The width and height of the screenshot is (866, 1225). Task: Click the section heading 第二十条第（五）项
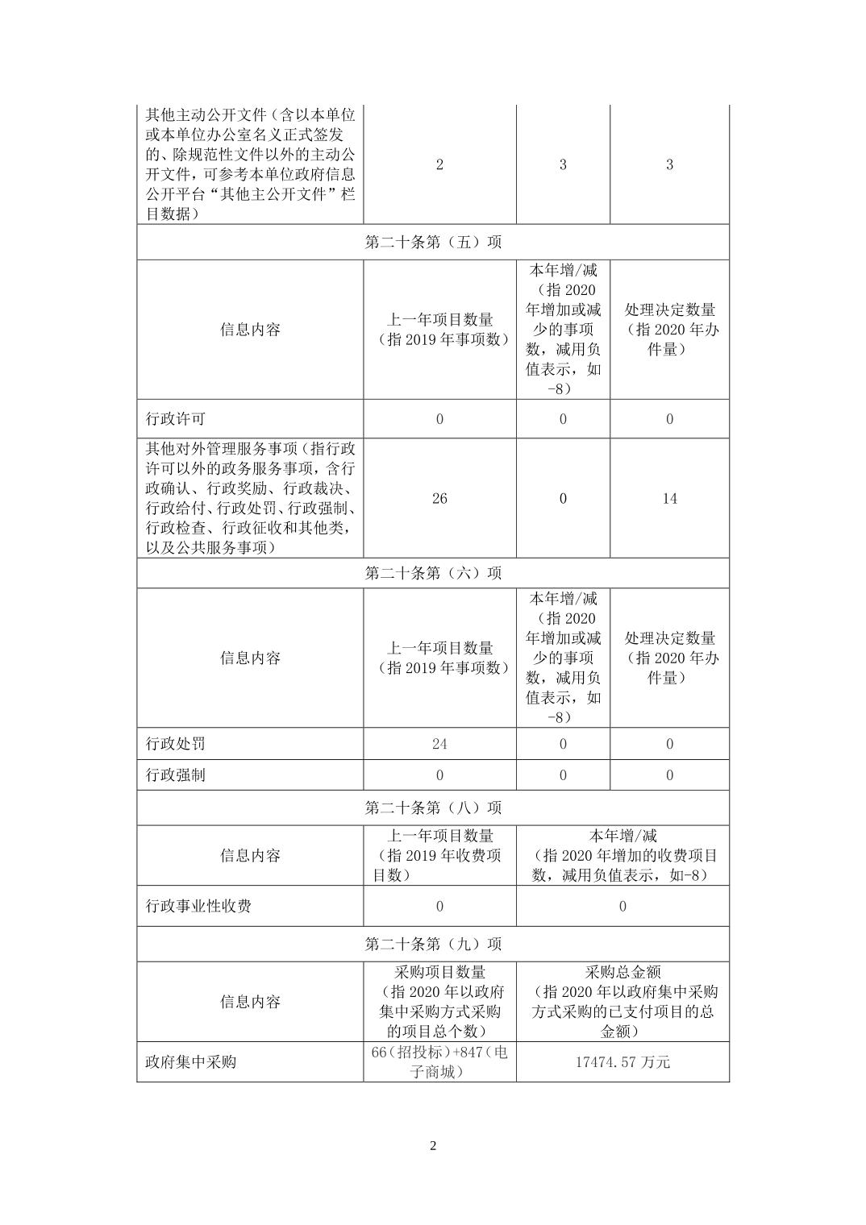click(x=433, y=242)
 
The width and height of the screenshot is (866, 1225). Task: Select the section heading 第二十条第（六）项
click(x=433, y=573)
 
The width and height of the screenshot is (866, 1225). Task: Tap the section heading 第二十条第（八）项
click(x=433, y=808)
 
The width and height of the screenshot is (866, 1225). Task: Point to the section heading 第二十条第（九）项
click(x=433, y=944)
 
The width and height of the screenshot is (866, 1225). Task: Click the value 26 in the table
click(x=439, y=498)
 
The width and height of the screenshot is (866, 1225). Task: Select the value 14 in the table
click(x=669, y=498)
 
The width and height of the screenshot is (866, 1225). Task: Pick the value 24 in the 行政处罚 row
click(x=439, y=744)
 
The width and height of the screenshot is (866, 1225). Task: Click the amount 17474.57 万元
click(x=622, y=1061)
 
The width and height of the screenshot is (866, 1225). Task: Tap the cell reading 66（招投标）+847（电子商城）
click(x=439, y=1061)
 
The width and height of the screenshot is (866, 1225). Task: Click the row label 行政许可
click(x=176, y=419)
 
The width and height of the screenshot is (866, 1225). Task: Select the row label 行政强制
click(x=176, y=775)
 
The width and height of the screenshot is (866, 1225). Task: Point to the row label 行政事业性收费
click(x=198, y=906)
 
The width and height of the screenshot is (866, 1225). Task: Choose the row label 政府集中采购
click(x=191, y=1061)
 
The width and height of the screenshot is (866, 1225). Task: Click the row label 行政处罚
click(x=176, y=744)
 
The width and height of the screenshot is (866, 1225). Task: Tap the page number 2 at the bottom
click(x=433, y=1146)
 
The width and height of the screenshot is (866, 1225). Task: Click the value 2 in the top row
click(x=439, y=164)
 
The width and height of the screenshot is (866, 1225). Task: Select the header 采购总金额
click(x=622, y=972)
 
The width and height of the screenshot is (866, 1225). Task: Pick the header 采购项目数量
click(x=439, y=972)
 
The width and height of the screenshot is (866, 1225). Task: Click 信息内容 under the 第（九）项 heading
click(x=250, y=1002)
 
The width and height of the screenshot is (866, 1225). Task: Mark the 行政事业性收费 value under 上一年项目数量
click(x=439, y=906)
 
